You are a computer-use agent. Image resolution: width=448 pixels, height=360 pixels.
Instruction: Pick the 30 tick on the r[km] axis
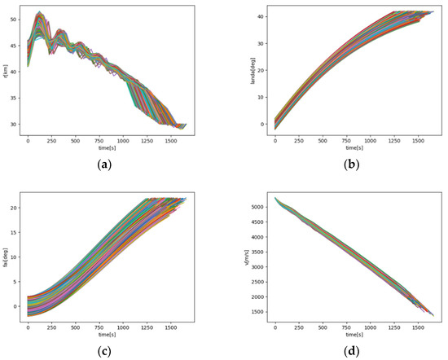[17, 125]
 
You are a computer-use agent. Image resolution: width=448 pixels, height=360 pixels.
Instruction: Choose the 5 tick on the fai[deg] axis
[19, 282]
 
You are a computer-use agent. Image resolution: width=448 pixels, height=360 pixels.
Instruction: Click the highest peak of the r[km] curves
[38, 12]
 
